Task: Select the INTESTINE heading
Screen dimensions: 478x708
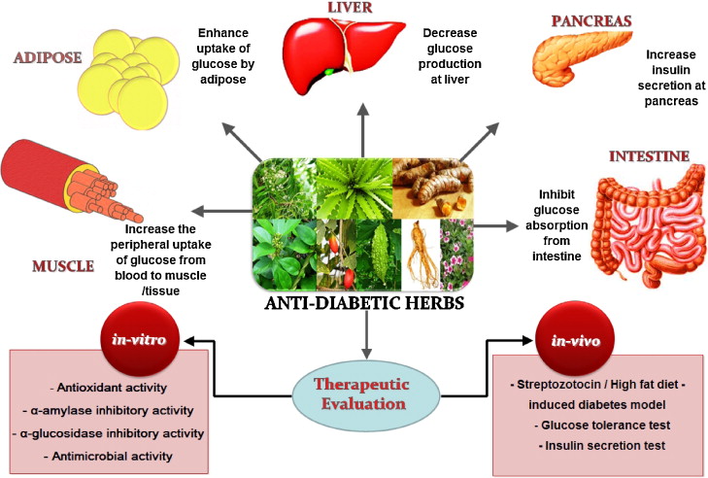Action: tap(649, 155)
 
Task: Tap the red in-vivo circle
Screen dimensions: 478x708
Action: tap(563, 342)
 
